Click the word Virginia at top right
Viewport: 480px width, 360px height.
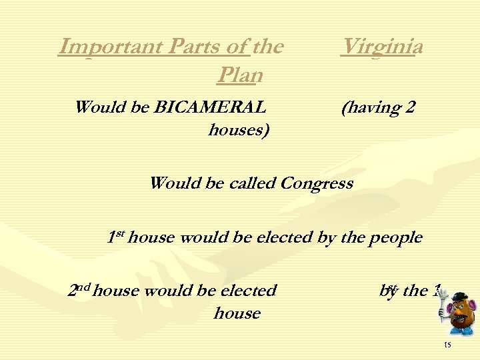tap(381, 47)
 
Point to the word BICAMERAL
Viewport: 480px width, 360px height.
tap(211, 107)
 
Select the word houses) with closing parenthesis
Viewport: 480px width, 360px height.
tap(239, 130)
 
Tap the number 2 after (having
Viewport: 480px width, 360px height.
tap(411, 107)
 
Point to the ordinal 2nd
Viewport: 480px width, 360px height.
tap(79, 290)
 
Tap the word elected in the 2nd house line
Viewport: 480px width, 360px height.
tap(248, 291)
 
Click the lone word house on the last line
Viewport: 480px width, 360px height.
tap(237, 313)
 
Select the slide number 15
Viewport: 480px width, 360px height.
tap(447, 345)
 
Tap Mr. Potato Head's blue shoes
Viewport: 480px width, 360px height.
tap(461, 331)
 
